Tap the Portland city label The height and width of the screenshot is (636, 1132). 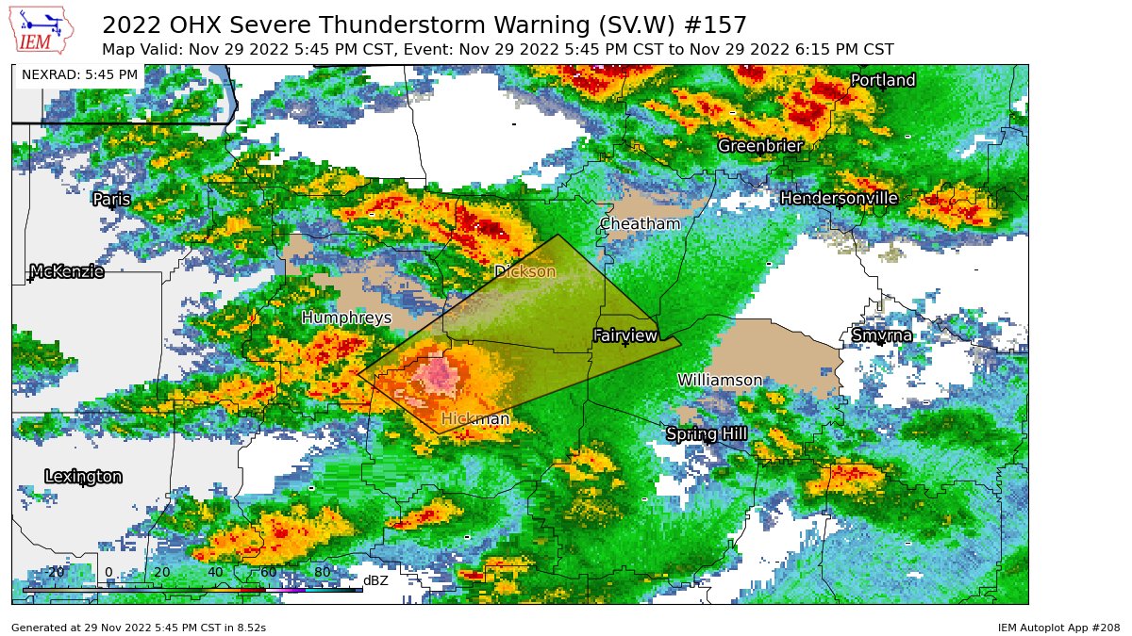coord(883,81)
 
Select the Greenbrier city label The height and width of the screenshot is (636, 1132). coord(760,146)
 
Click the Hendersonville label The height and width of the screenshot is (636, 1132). coord(839,199)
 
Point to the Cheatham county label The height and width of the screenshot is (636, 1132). coord(640,224)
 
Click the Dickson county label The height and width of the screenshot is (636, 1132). coord(525,272)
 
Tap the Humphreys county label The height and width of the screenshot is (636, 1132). coord(346,318)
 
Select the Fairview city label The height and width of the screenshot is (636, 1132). coord(624,336)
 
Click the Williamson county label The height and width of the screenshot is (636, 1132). coord(720,381)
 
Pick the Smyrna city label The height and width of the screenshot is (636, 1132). coord(882,336)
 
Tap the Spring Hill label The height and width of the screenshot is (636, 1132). coord(707,434)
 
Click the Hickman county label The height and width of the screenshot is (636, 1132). coord(475,419)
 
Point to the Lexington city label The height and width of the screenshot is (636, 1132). coord(83,477)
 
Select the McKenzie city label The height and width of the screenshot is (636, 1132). coord(67,272)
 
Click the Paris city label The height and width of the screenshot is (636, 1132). coord(111,200)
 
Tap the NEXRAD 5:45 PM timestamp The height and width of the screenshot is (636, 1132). coord(79,74)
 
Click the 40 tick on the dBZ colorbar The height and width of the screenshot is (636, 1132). coord(215,572)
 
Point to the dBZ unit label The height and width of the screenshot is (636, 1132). coord(375,580)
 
